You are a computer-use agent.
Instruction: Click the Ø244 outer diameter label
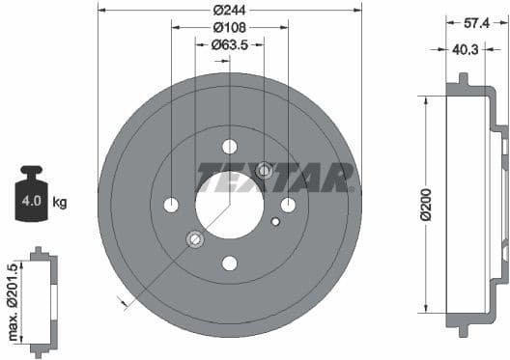(229, 10)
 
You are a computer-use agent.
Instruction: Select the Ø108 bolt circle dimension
(229, 27)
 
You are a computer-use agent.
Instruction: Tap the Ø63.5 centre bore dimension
(230, 44)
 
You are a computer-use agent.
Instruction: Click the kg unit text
(60, 203)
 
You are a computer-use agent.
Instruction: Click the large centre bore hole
(230, 205)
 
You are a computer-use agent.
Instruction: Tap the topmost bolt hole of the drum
(230, 147)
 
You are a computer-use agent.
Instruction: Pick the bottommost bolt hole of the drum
(230, 263)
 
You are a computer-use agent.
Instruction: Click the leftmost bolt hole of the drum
(171, 205)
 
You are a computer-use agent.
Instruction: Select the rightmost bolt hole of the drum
(288, 205)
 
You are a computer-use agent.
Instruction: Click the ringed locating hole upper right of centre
(265, 171)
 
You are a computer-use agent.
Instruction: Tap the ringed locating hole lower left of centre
(194, 238)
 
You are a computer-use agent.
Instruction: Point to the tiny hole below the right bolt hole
(275, 222)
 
